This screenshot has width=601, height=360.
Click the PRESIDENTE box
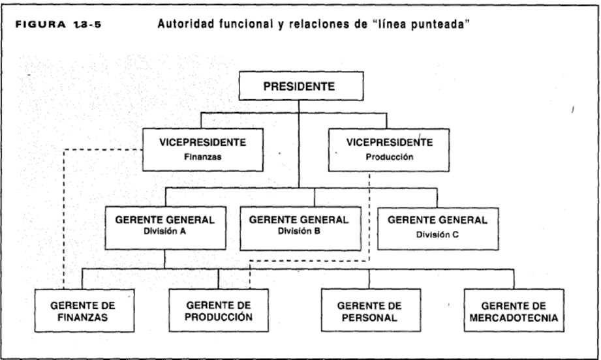click(x=301, y=86)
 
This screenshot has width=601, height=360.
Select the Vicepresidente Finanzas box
click(x=203, y=150)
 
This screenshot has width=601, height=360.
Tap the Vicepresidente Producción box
click(x=389, y=150)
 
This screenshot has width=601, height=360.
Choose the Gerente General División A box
click(x=166, y=228)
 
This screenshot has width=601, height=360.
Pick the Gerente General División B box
click(x=300, y=229)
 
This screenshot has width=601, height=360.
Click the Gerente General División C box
click(x=438, y=229)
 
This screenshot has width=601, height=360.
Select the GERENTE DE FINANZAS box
click(x=84, y=310)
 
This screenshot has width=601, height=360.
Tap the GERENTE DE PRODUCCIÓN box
click(x=219, y=310)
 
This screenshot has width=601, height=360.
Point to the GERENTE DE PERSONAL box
click(x=371, y=310)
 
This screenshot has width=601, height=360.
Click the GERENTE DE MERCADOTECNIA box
click(x=514, y=310)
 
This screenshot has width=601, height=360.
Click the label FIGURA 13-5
click(x=58, y=25)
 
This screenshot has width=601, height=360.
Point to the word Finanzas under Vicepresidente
click(x=203, y=157)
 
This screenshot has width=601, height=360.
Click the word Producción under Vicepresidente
click(x=390, y=157)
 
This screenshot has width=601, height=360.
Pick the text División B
click(x=299, y=232)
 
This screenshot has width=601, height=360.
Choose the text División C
click(x=437, y=234)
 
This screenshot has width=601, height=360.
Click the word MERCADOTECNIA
click(x=514, y=318)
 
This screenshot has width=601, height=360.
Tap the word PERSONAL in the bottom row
click(x=369, y=318)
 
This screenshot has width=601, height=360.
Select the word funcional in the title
click(x=245, y=24)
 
